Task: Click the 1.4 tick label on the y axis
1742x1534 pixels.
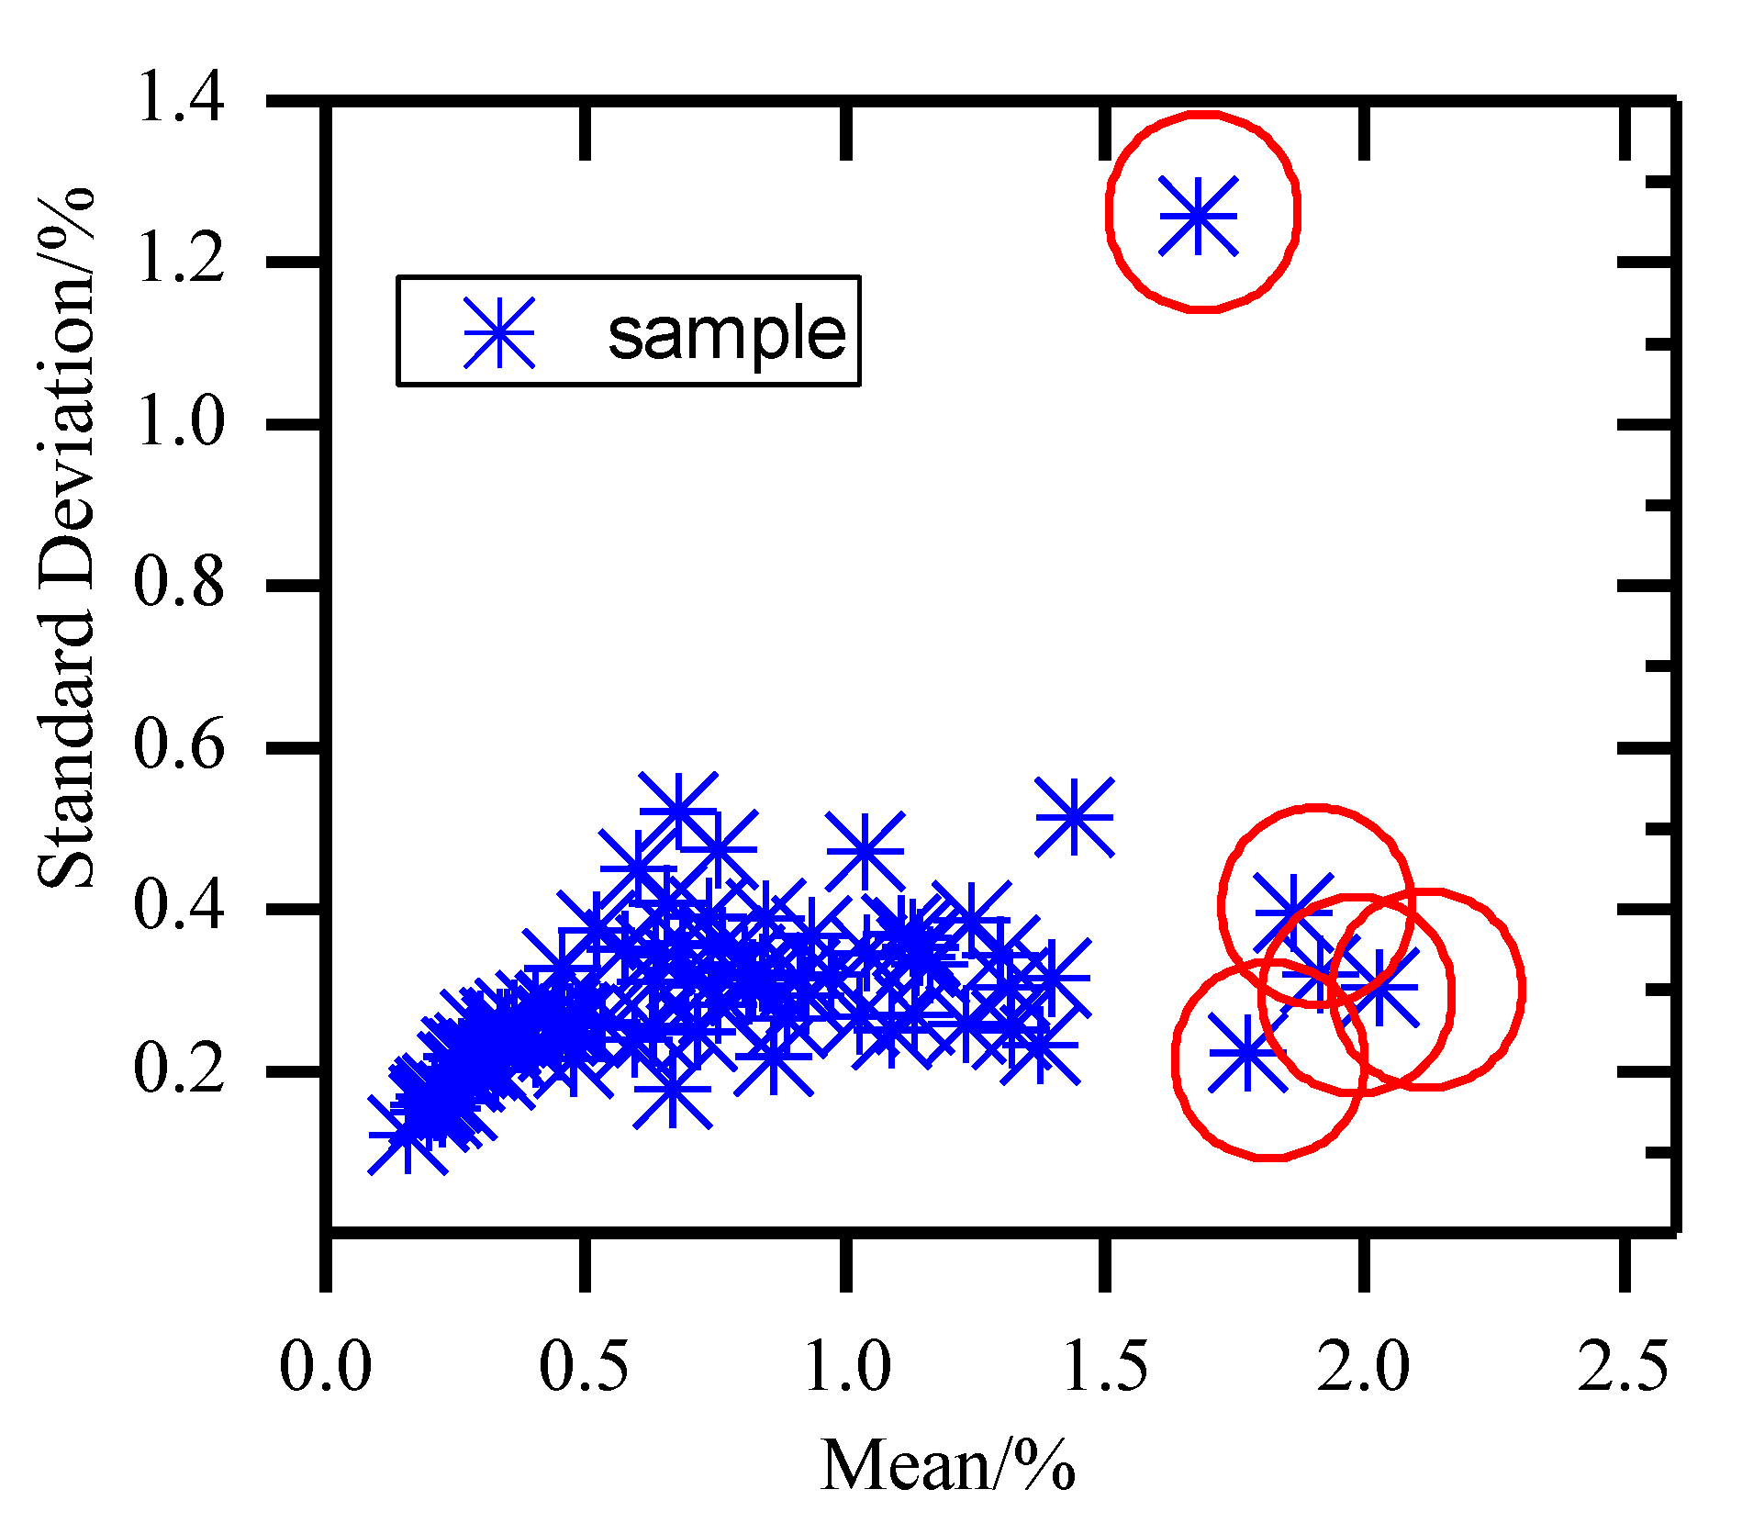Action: pyautogui.click(x=179, y=97)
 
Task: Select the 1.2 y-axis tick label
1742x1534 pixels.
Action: pyautogui.click(x=179, y=260)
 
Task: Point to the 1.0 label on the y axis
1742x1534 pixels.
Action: pyautogui.click(x=179, y=423)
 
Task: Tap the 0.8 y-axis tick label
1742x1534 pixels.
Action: pyautogui.click(x=179, y=583)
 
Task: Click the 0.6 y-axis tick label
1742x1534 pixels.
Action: pyautogui.click(x=179, y=745)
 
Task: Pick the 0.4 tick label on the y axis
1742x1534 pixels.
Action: pyautogui.click(x=179, y=907)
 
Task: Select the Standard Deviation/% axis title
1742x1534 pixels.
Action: pyautogui.click(x=66, y=537)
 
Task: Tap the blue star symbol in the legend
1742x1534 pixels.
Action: pyautogui.click(x=498, y=332)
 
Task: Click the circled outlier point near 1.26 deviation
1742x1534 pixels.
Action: pyautogui.click(x=1199, y=217)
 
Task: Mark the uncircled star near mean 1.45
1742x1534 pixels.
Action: pyautogui.click(x=1075, y=817)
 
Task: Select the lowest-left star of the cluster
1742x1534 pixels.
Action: pyautogui.click(x=408, y=1135)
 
